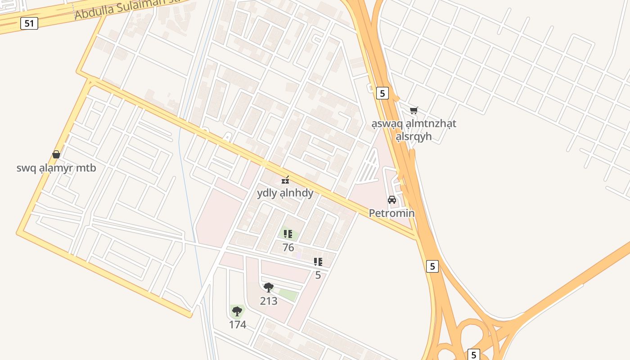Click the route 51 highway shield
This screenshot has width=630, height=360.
(x=29, y=23)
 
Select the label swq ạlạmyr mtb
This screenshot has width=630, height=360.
(x=56, y=168)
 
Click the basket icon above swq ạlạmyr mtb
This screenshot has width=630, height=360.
(x=56, y=154)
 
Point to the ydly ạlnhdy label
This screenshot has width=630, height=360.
(x=285, y=193)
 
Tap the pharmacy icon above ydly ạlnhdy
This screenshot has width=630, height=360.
(x=285, y=180)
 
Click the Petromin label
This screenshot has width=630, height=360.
(x=391, y=213)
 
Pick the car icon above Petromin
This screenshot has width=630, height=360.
(x=391, y=199)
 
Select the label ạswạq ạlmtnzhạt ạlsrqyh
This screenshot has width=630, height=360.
(x=414, y=130)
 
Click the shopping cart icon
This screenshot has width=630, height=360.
(x=414, y=110)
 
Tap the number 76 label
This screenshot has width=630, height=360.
(x=288, y=247)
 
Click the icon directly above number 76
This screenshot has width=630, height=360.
(x=288, y=234)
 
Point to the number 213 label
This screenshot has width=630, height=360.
(x=269, y=301)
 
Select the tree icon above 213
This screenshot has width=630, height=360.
(x=269, y=287)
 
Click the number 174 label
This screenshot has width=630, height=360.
(x=238, y=324)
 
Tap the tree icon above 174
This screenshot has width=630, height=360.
(x=237, y=311)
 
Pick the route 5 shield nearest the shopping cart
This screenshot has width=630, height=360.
(x=382, y=93)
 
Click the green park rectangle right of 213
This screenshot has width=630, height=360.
(x=288, y=295)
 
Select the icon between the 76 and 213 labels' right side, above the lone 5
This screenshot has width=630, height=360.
(x=318, y=261)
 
